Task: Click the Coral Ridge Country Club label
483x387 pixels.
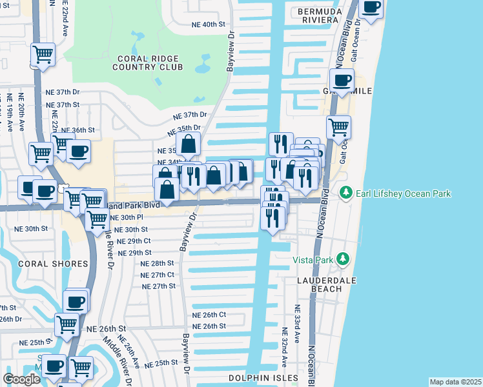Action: [148, 61]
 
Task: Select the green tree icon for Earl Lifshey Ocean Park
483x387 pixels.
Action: [346, 193]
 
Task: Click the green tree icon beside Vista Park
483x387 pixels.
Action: [342, 259]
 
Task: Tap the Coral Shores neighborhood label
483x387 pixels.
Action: [53, 264]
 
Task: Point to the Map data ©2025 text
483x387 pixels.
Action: [455, 382]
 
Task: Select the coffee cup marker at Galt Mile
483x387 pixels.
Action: [342, 81]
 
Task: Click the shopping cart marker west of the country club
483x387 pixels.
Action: [42, 55]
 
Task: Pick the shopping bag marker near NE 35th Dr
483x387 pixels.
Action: [188, 144]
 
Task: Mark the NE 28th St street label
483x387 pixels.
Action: [158, 263]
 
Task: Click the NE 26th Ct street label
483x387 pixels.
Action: [209, 314]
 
